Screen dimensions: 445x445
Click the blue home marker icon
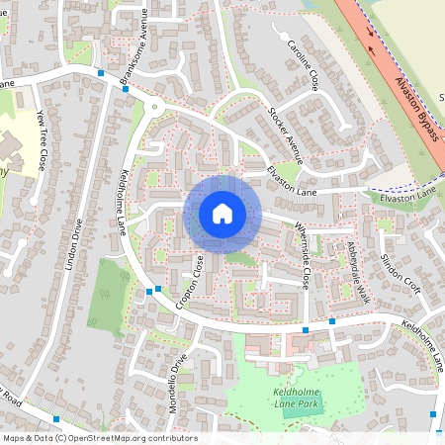point(222,213)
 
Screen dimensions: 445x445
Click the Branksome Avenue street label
point(133,48)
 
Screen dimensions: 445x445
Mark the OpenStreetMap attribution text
point(99,438)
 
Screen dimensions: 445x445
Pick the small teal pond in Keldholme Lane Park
point(290,409)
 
